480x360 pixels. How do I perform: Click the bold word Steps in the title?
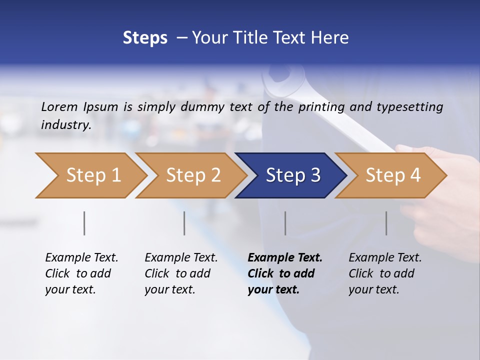145,38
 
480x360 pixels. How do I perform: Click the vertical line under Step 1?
84,223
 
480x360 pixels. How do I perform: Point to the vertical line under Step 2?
184,223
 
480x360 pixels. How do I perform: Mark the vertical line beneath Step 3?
285,223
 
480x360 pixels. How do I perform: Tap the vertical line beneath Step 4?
386,223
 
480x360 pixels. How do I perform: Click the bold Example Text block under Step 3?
284,273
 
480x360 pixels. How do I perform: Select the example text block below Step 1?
81,273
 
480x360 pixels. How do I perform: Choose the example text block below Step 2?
181,273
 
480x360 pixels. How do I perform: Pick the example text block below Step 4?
385,273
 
